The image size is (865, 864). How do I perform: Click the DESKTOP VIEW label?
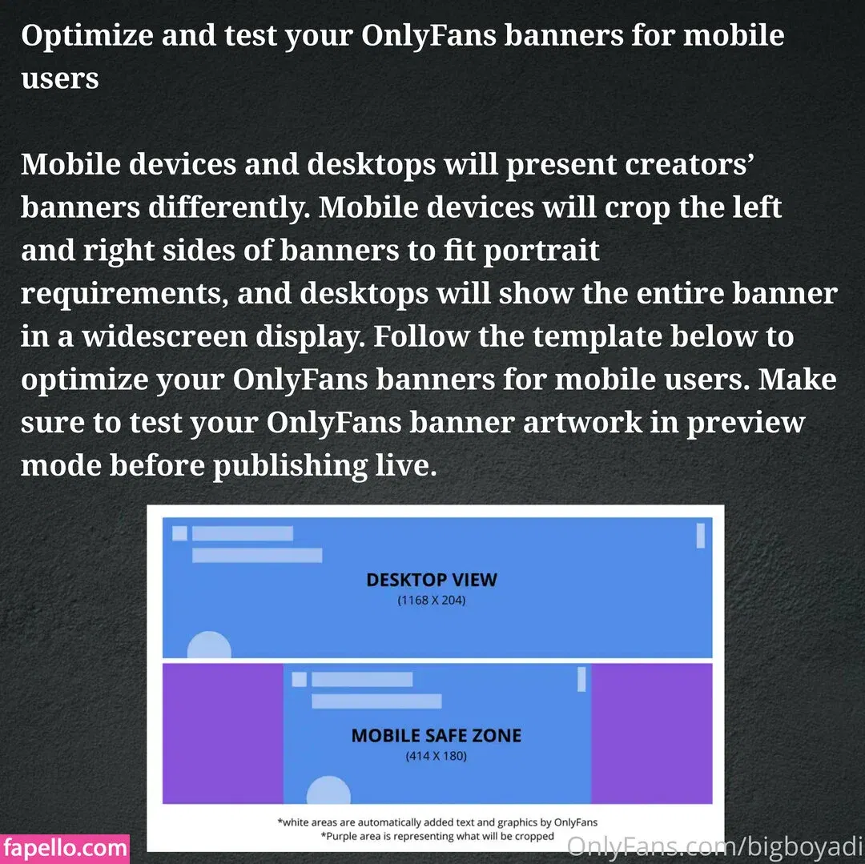(x=432, y=580)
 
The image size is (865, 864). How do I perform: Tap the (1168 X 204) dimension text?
(x=432, y=601)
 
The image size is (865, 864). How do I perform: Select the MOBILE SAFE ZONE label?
(x=437, y=736)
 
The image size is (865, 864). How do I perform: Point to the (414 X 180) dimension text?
(x=437, y=756)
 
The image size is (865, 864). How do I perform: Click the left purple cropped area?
(x=223, y=733)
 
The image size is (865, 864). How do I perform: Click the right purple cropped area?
(x=651, y=733)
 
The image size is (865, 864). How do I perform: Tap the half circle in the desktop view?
(x=209, y=645)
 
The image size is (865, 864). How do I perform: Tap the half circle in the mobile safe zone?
(x=328, y=790)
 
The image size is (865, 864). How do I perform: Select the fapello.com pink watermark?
(x=65, y=848)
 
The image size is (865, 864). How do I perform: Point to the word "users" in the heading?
(x=60, y=78)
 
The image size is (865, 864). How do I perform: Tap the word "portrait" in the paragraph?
(x=541, y=251)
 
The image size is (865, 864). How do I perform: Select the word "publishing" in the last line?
(x=290, y=467)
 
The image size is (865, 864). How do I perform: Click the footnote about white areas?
(x=437, y=822)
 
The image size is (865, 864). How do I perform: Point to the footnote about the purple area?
(x=437, y=836)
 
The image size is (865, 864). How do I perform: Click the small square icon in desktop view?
(x=180, y=533)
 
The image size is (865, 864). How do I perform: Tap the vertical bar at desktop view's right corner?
(x=701, y=536)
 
